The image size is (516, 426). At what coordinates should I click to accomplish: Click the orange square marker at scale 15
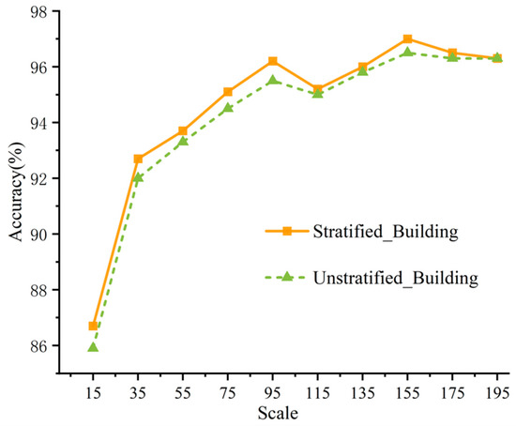[93, 326]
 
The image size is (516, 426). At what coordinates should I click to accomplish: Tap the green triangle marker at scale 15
[93, 347]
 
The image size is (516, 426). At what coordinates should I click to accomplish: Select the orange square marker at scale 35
[138, 159]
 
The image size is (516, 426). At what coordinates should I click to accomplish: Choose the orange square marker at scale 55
[183, 130]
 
